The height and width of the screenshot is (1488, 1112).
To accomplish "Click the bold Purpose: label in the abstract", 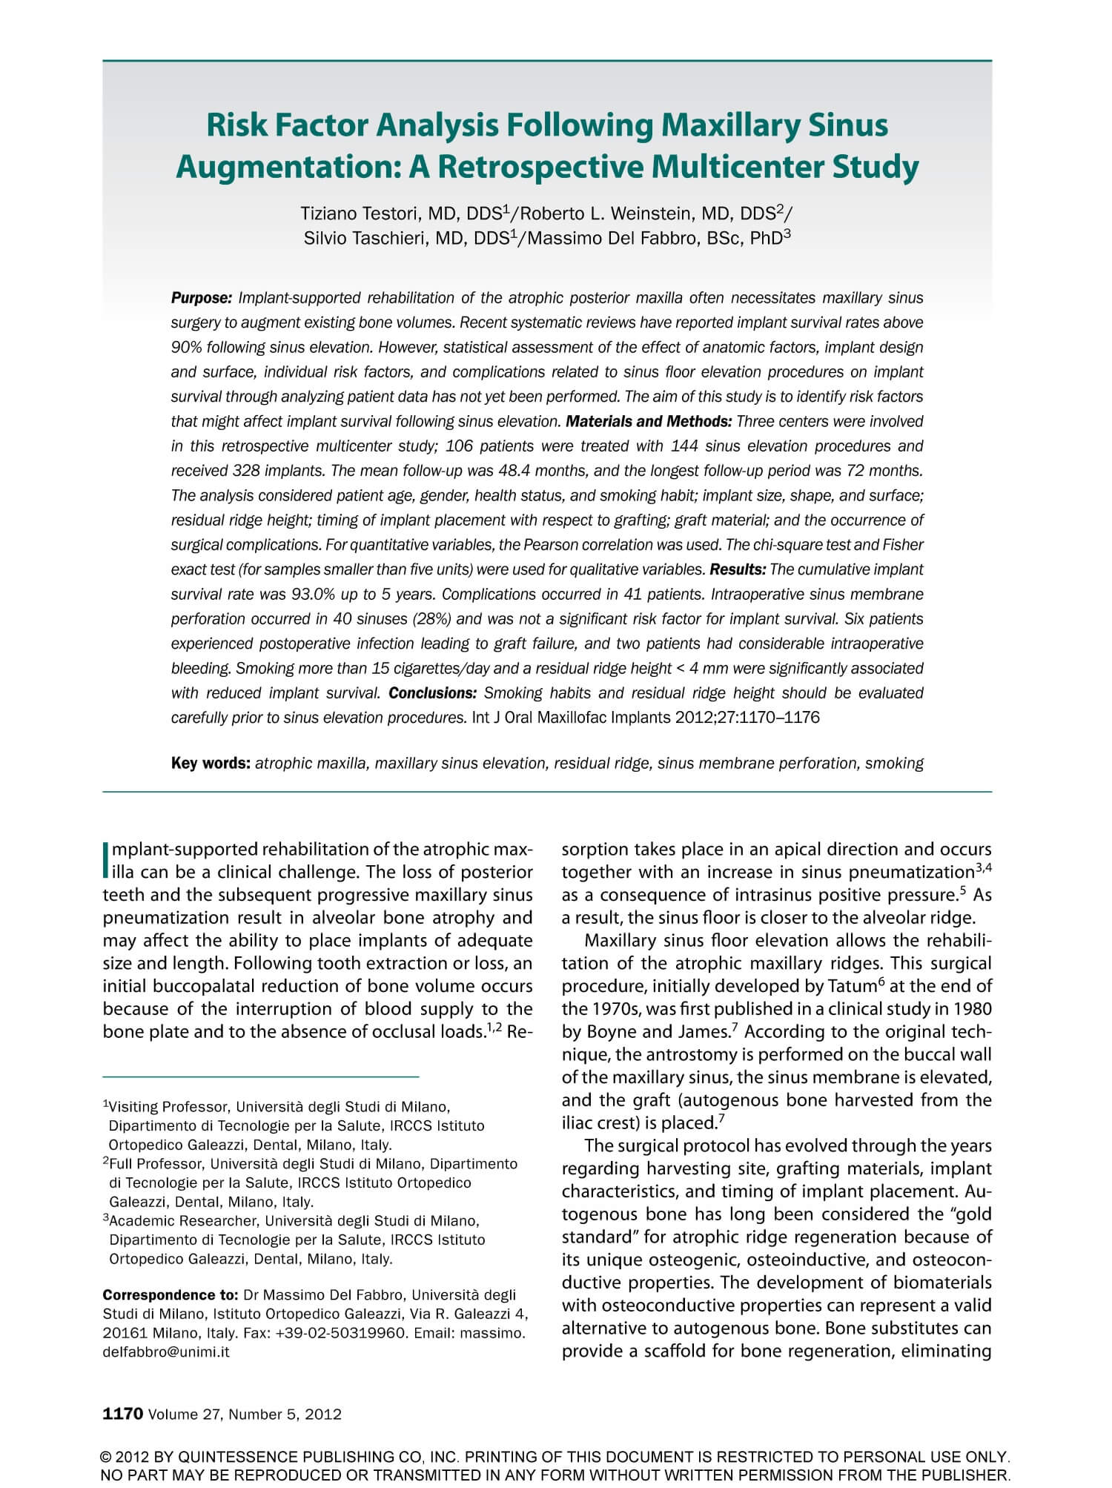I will coord(202,299).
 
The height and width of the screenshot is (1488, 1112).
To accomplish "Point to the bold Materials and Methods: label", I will coord(649,422).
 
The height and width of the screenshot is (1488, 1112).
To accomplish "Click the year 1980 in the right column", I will coord(971,1009).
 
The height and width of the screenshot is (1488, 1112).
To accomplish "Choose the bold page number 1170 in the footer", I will coord(122,1414).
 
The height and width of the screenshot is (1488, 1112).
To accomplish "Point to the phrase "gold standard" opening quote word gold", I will coord(971,1214).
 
